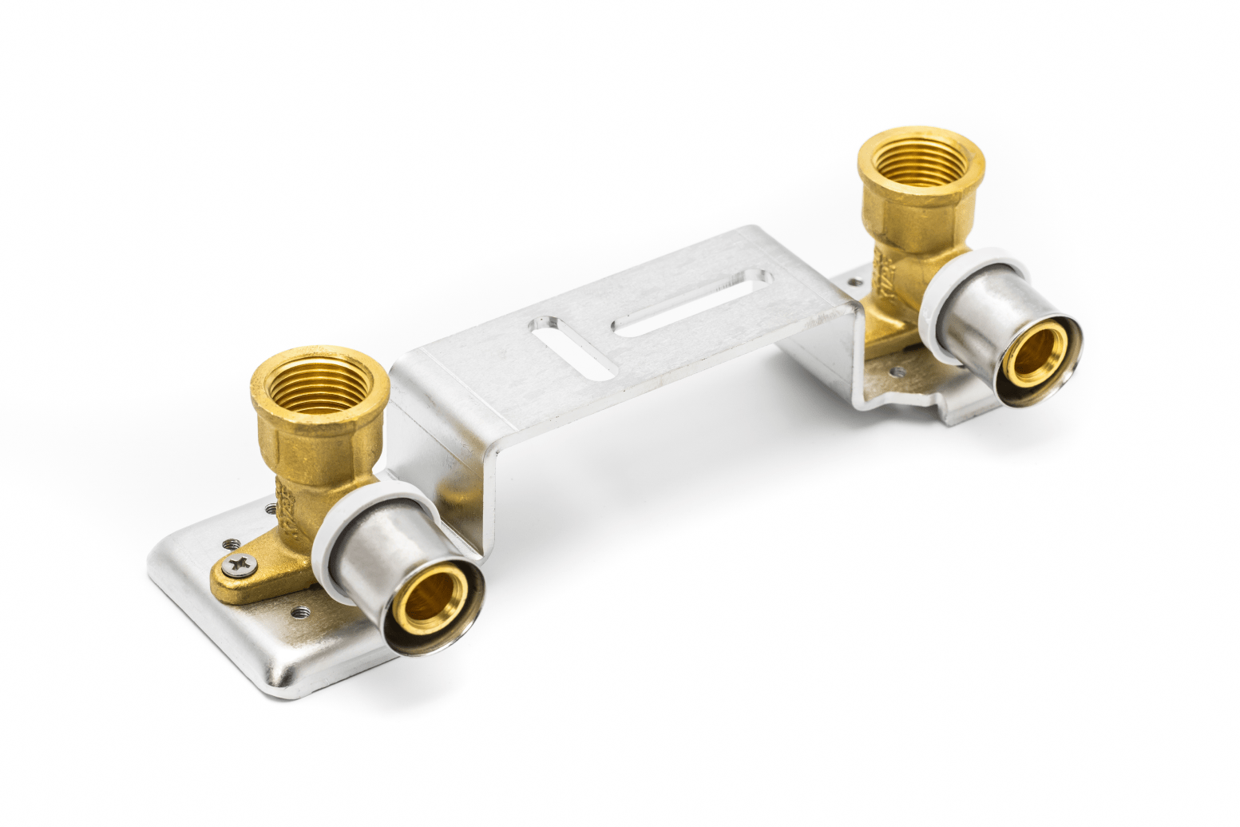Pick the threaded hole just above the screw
[231, 543]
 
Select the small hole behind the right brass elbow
[857, 281]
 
